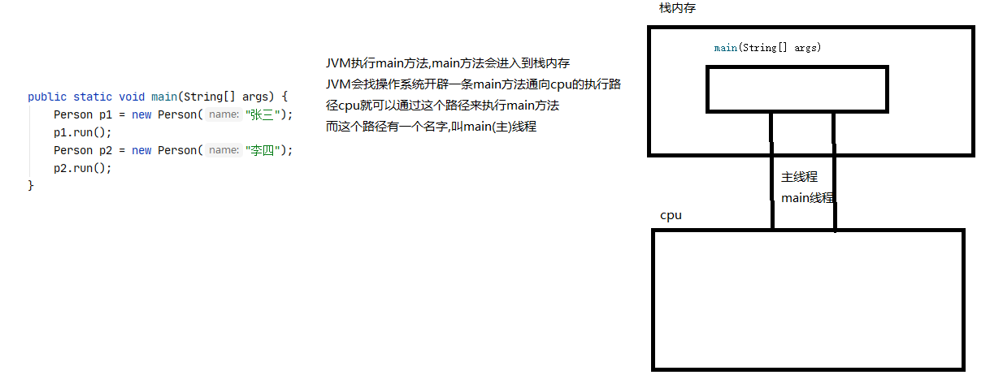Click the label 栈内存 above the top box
point(677,8)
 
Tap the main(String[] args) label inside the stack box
point(767,49)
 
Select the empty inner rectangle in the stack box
point(797,88)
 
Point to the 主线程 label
point(799,177)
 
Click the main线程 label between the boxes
point(807,197)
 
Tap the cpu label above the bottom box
point(671,215)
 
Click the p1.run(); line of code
point(83,132)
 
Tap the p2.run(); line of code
point(83,168)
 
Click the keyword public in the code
point(47,97)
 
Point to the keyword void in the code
point(132,97)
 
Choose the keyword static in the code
point(93,97)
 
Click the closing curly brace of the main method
point(31,186)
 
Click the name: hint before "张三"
point(224,114)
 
